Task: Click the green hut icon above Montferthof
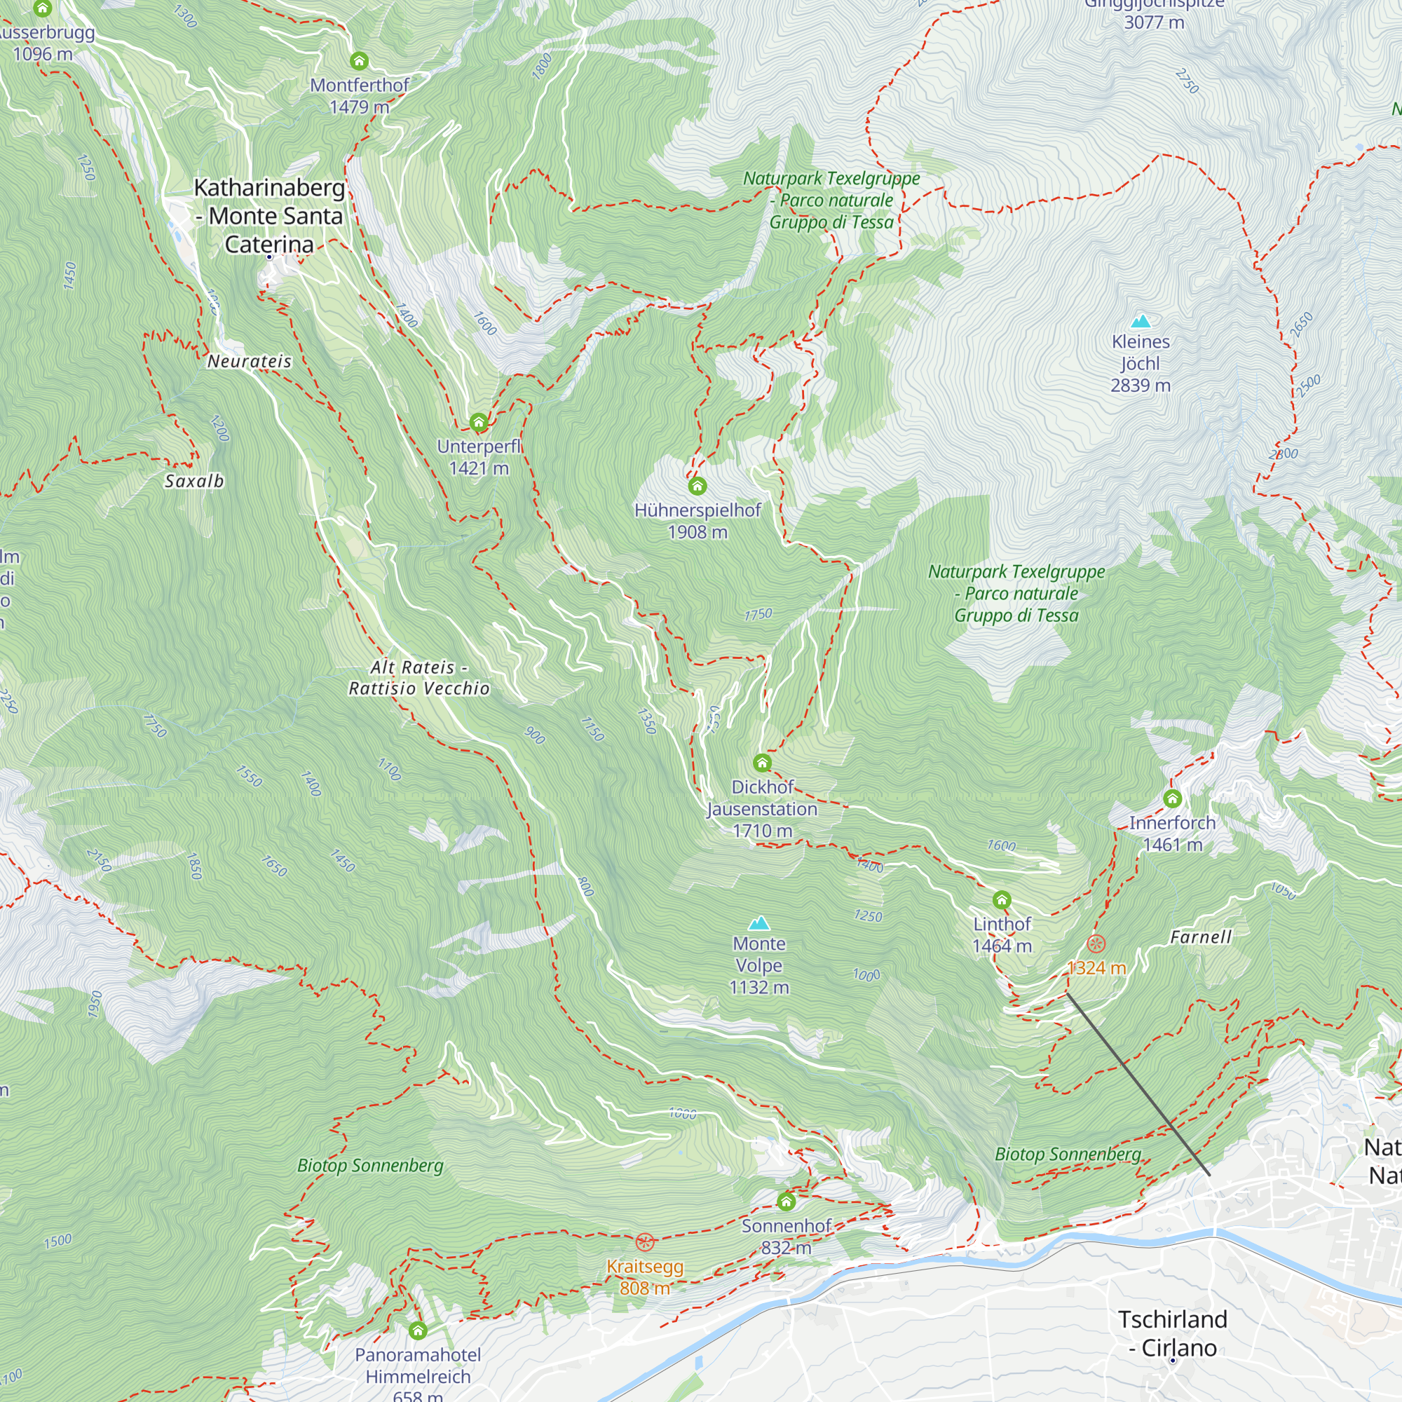tap(359, 61)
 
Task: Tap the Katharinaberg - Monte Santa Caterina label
tap(269, 216)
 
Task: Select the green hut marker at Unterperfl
tap(478, 422)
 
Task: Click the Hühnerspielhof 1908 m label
tap(697, 520)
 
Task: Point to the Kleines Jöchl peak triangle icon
tap(1141, 322)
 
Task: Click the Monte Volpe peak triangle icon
tap(759, 924)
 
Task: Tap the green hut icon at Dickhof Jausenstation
tap(762, 763)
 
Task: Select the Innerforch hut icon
tap(1173, 799)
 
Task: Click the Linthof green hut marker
tap(1002, 900)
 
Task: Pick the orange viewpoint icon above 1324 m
tap(1096, 944)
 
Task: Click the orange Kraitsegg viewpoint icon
tap(644, 1241)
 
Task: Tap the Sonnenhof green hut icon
tap(786, 1202)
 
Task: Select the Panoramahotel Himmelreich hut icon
tap(417, 1330)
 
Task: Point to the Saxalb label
tap(194, 481)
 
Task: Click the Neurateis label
tap(250, 362)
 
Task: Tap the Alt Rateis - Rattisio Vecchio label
tap(418, 678)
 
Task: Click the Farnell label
tap(1201, 937)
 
